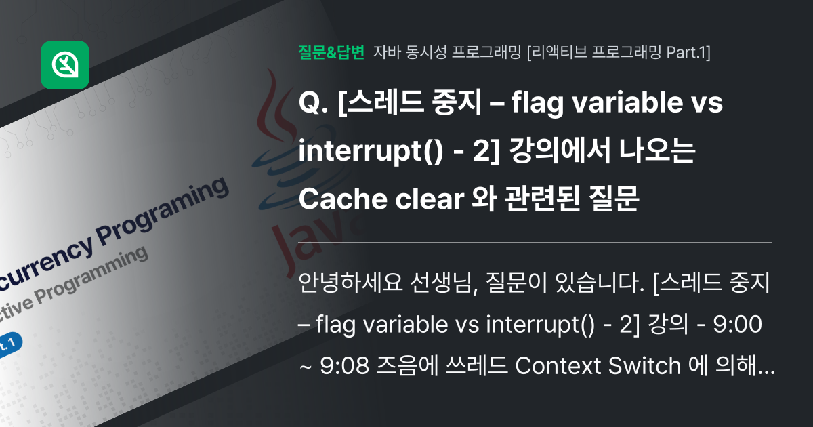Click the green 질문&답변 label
coord(331,52)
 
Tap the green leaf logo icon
coord(65,65)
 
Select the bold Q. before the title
coord(314,105)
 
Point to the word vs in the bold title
coord(706,105)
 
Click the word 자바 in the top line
coord(385,52)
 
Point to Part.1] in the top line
coord(688,52)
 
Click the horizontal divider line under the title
coord(535,242)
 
